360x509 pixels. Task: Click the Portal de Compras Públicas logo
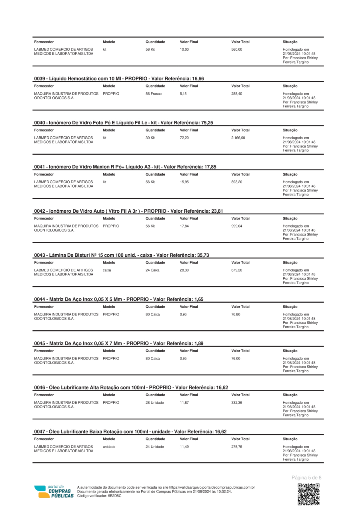point(54,491)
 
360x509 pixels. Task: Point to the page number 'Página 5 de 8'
point(306,477)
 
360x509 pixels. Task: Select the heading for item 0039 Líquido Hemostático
point(119,79)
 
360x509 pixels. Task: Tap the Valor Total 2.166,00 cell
point(238,138)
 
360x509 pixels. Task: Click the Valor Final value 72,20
point(184,138)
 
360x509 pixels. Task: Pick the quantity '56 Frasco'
point(154,94)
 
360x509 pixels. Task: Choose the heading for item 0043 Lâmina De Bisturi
point(122,255)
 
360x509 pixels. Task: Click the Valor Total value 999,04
point(237,226)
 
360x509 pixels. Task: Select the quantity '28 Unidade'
point(154,403)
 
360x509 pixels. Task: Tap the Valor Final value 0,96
point(183,314)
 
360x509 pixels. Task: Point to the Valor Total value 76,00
point(236,359)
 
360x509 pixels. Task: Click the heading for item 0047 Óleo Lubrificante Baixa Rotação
point(130,432)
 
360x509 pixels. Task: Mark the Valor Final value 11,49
point(184,447)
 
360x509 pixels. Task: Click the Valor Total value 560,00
point(237,50)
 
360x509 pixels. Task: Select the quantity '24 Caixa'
point(152,270)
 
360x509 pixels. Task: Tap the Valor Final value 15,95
point(184,182)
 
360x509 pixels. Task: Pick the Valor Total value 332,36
point(237,403)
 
